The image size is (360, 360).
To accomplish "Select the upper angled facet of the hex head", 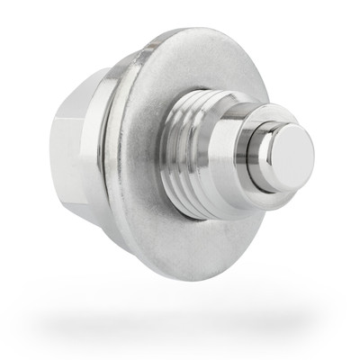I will tap(90, 85).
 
